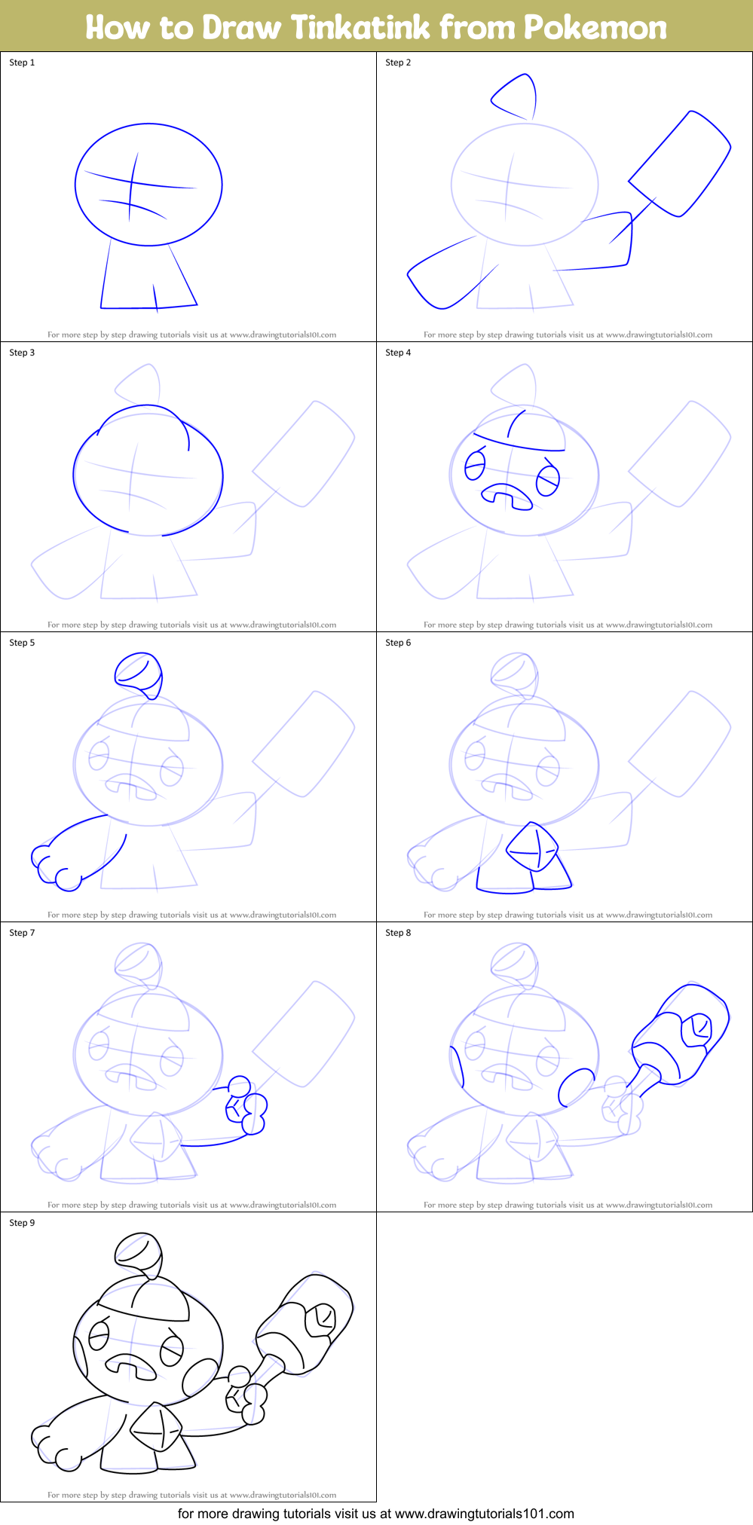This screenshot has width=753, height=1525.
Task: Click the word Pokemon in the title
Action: (x=595, y=28)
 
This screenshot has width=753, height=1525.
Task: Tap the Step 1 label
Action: (x=22, y=63)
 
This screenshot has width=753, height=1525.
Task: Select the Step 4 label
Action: (x=398, y=353)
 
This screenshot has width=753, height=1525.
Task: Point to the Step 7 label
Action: (x=22, y=933)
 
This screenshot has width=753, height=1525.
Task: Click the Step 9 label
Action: (x=22, y=1223)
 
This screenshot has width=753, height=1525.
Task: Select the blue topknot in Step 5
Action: (x=139, y=674)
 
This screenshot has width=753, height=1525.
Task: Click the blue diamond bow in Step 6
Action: (x=533, y=847)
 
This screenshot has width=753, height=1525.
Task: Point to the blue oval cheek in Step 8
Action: (x=576, y=1086)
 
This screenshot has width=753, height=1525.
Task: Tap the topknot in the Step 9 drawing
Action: (x=139, y=1254)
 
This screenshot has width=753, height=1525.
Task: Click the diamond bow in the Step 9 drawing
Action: (x=157, y=1427)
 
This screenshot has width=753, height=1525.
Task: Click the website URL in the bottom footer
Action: (x=484, y=1513)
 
